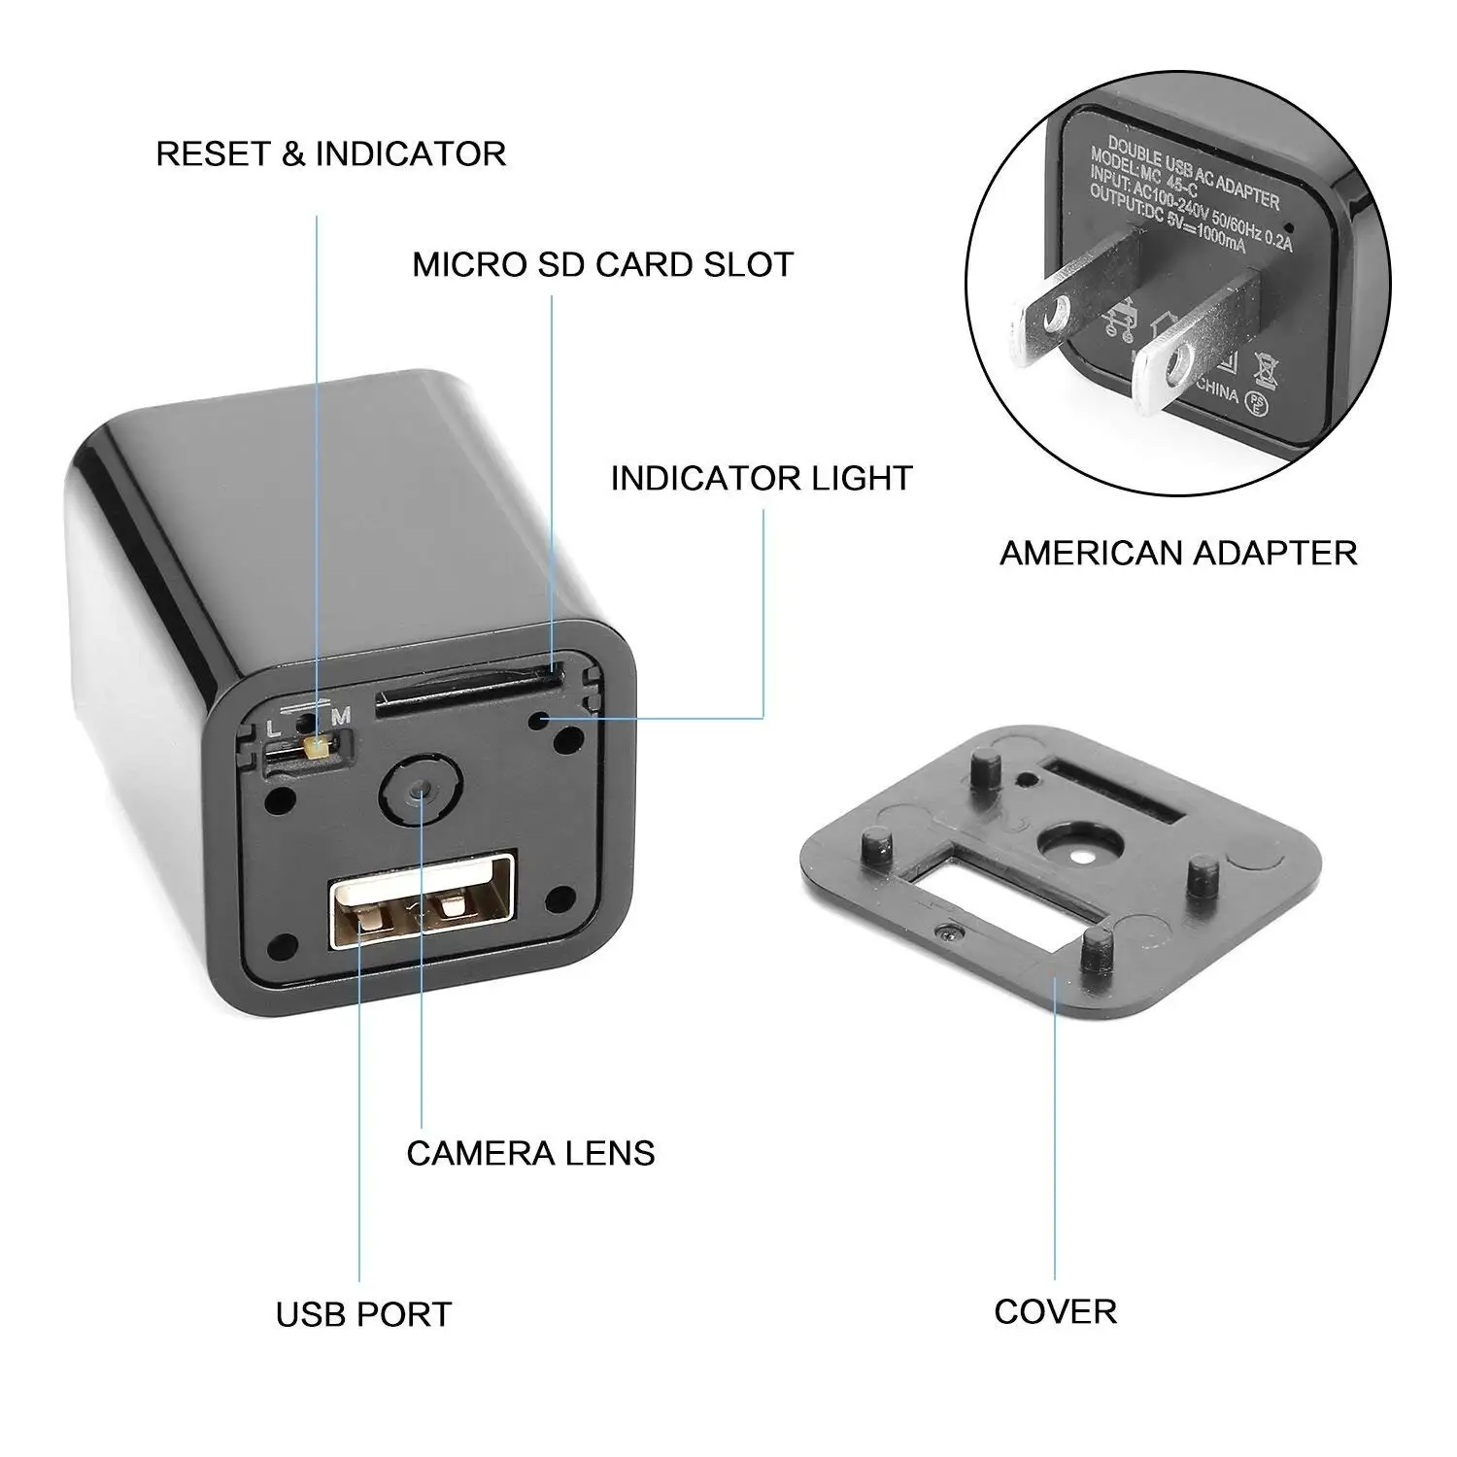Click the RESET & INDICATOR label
[x=330, y=153]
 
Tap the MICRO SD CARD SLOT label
[x=602, y=264]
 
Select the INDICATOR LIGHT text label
[x=762, y=478]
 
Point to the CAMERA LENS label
[x=530, y=1153]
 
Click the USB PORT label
[x=363, y=1314]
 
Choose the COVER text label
[x=1055, y=1311]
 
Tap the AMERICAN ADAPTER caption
[x=1178, y=553]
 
